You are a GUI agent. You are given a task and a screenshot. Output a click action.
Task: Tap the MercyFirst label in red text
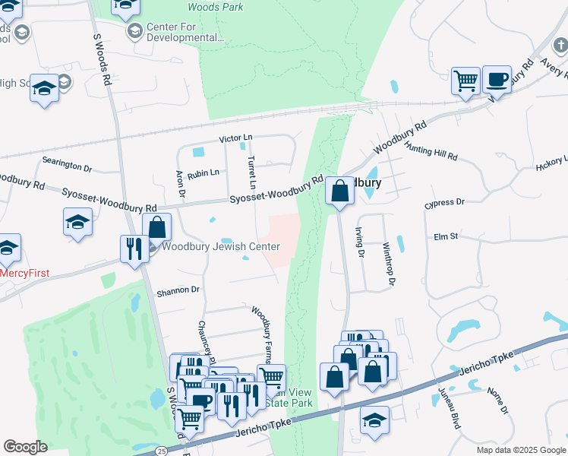24,273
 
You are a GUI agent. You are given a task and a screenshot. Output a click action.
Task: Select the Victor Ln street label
235,138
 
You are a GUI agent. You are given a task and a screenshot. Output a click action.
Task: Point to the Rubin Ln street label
203,173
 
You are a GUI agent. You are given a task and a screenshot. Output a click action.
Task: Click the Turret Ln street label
251,173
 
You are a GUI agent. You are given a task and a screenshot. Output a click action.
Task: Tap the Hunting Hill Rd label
431,150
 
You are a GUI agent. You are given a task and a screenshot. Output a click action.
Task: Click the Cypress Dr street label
444,203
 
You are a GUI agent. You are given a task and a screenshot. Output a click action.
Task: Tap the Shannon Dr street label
178,290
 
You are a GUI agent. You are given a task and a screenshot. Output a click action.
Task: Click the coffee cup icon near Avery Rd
497,78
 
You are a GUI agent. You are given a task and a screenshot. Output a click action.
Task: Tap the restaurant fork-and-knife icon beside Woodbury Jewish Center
134,249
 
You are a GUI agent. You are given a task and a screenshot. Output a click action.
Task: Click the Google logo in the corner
25,447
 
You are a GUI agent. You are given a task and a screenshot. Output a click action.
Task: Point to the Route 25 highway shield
162,451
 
